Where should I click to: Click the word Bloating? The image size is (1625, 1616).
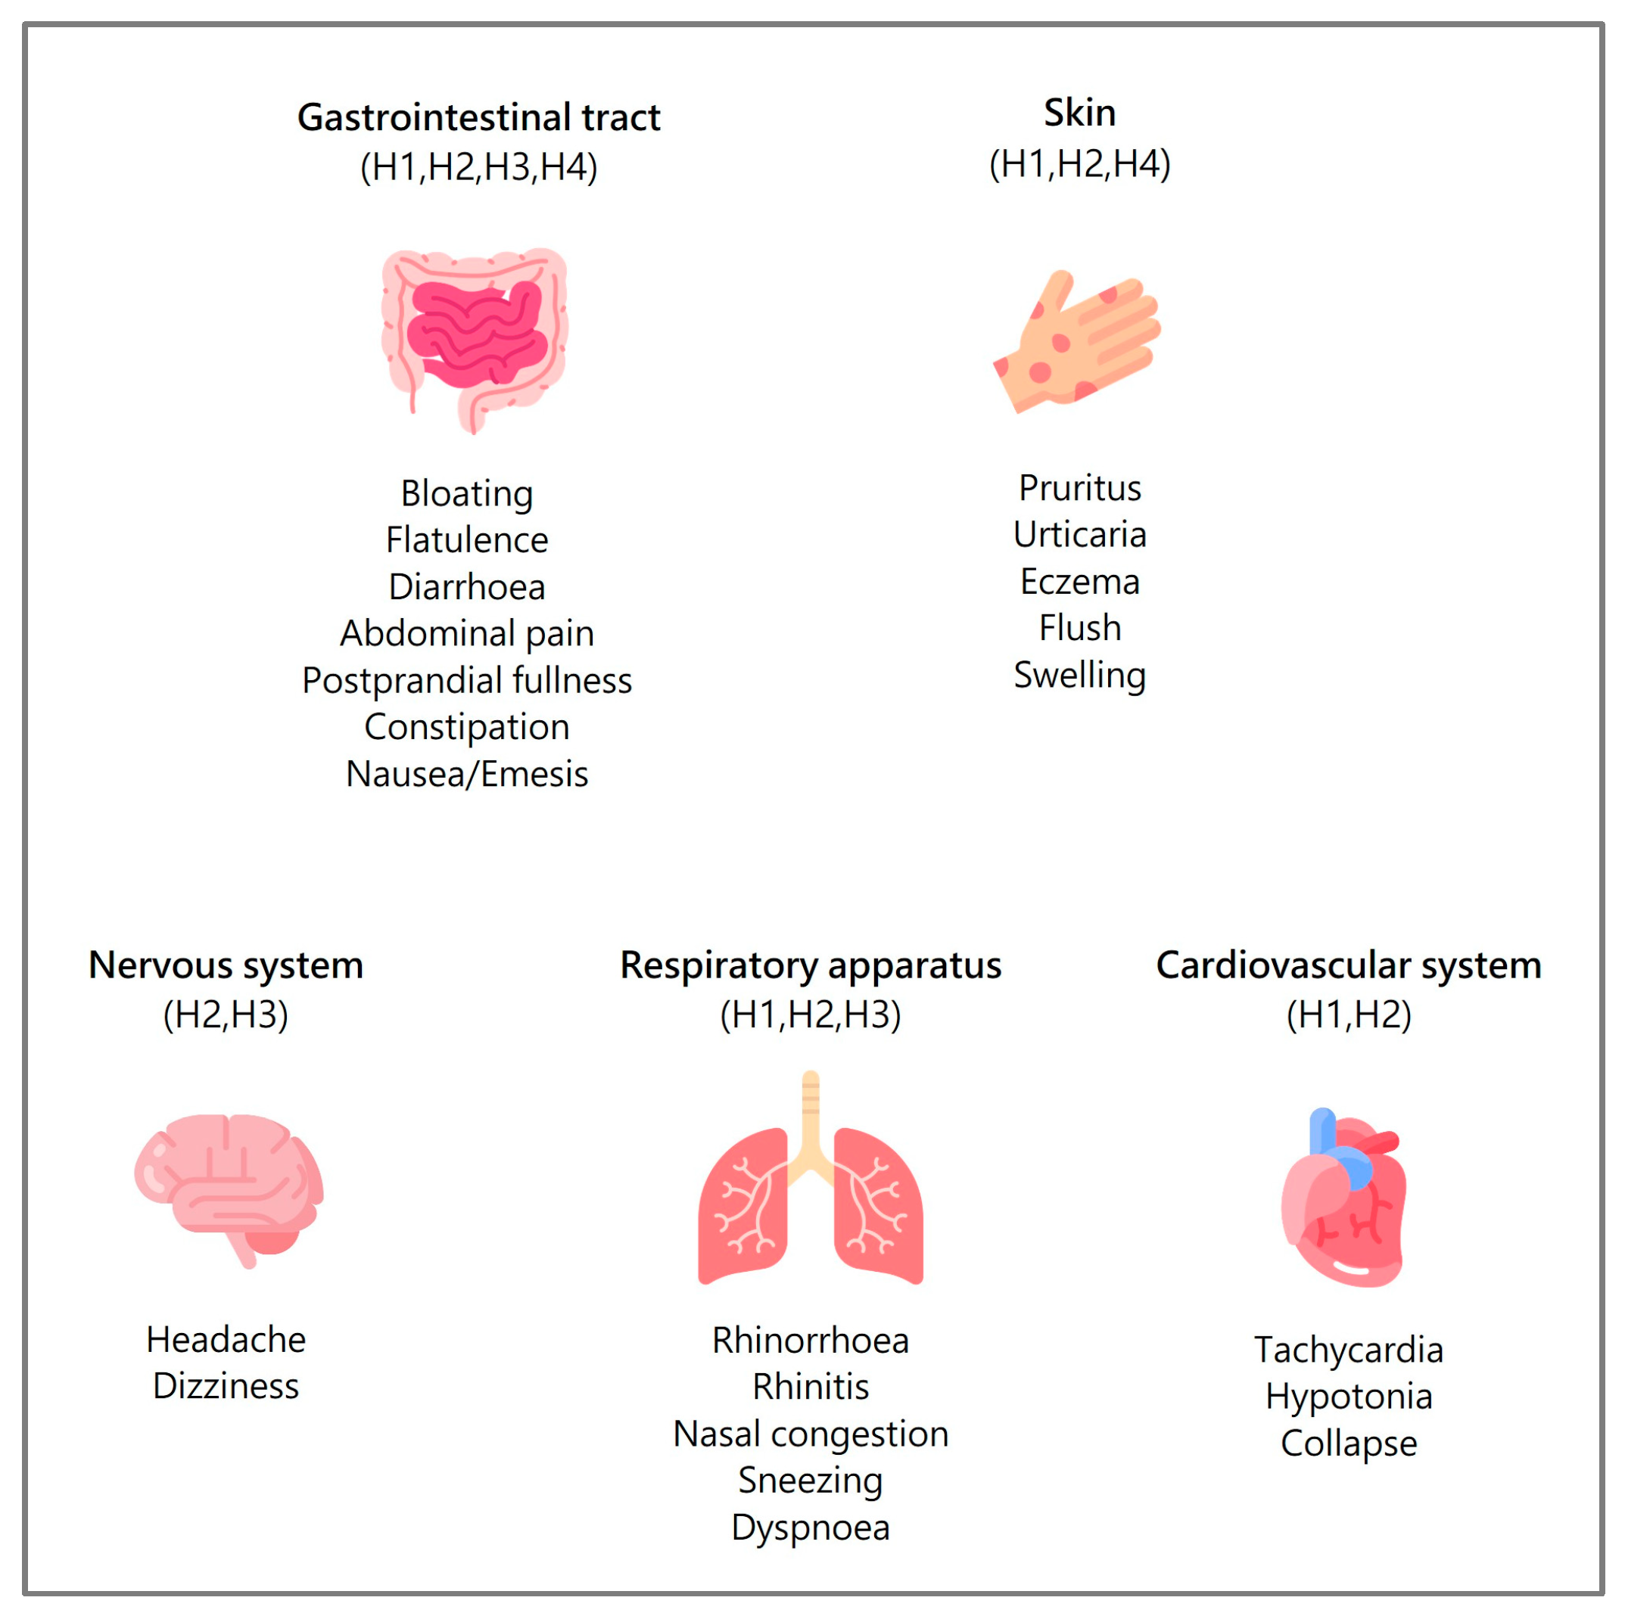[467, 493]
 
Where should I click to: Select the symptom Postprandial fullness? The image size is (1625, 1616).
[467, 680]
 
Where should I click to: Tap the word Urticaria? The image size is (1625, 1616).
[1079, 535]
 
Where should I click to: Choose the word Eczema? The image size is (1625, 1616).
[1079, 582]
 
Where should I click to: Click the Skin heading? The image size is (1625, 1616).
[1079, 113]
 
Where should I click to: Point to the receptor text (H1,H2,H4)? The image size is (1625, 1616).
[1079, 164]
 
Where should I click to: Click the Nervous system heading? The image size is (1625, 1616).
[226, 965]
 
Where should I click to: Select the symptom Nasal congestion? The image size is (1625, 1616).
[810, 1434]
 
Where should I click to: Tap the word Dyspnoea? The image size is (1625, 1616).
[810, 1527]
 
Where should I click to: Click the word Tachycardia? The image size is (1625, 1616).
[1348, 1350]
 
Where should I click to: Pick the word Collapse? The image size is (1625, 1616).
[1348, 1444]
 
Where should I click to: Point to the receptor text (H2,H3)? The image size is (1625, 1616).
[226, 1015]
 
